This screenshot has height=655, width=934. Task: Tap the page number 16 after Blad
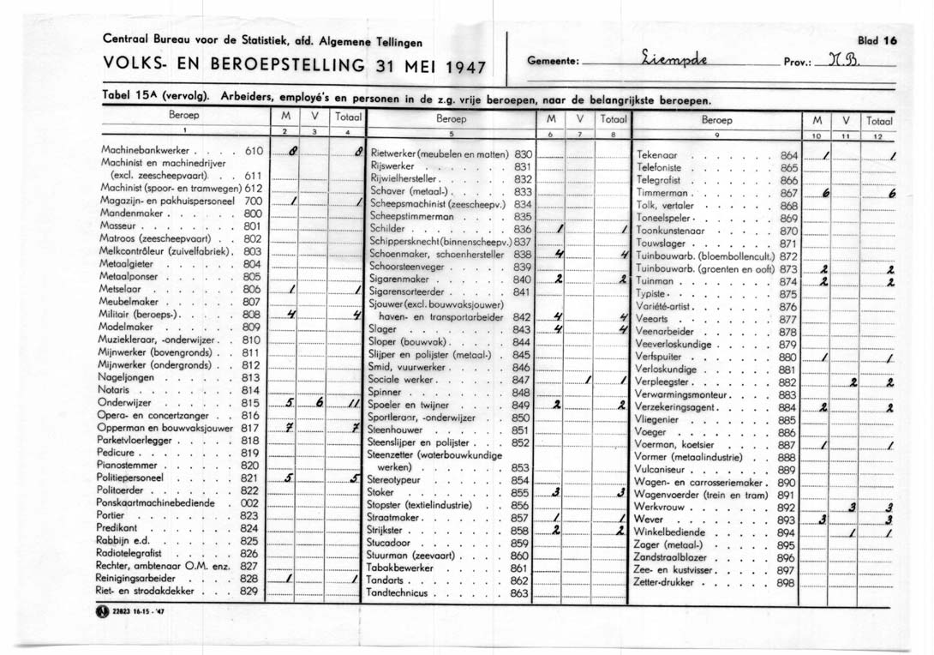pyautogui.click(x=890, y=40)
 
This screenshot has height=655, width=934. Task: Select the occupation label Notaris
pyautogui.click(x=116, y=389)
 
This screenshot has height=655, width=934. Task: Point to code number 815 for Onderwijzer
pyautogui.click(x=250, y=402)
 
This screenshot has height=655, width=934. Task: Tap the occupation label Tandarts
pyautogui.click(x=386, y=580)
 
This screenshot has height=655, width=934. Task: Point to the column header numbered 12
pyautogui.click(x=877, y=135)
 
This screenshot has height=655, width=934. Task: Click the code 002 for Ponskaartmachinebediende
pyautogui.click(x=250, y=503)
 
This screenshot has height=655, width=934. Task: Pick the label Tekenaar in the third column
pyautogui.click(x=657, y=154)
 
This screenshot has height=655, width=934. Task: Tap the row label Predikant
pyautogui.click(x=119, y=529)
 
